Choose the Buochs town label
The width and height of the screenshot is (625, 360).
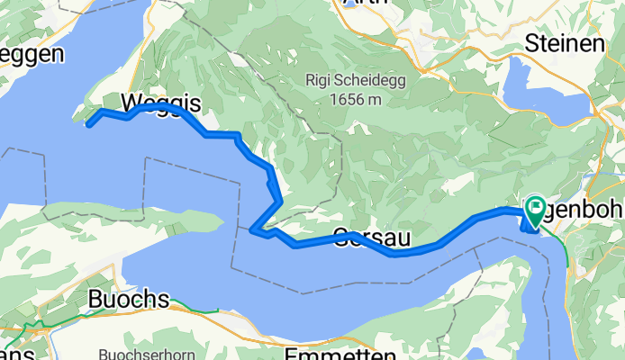[129, 299]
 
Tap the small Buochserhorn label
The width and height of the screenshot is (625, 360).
[136, 329]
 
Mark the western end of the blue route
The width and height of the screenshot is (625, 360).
[88, 124]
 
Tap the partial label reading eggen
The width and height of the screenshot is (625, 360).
[32, 55]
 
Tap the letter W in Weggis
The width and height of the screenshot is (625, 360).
[116, 101]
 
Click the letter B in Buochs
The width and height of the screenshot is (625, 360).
[96, 299]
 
